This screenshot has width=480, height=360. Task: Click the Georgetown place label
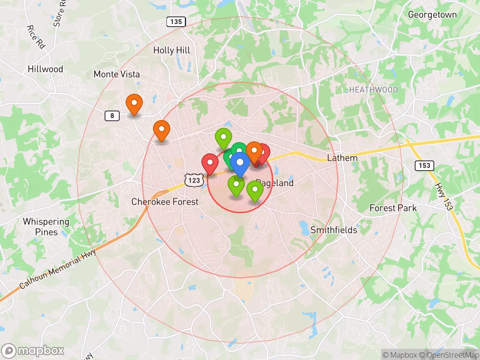(432, 15)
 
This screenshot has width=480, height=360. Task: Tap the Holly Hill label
(172, 50)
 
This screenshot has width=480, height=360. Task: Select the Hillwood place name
(45, 69)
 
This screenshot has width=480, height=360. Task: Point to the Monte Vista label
(117, 74)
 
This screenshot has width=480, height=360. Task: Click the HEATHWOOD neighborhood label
(373, 90)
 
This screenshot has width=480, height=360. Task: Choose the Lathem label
(342, 158)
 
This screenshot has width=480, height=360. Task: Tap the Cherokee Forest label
(165, 202)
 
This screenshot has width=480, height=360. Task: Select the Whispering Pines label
(46, 227)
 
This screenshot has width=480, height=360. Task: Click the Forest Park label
(393, 208)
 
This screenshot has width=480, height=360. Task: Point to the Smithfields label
(334, 230)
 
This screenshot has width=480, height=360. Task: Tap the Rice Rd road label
(36, 37)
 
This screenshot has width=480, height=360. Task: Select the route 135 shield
(176, 22)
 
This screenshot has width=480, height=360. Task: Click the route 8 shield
(112, 115)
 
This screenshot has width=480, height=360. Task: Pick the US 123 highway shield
(194, 180)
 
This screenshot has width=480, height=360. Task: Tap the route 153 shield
(424, 165)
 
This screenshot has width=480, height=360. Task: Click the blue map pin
(240, 163)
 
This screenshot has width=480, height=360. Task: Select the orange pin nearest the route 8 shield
(134, 103)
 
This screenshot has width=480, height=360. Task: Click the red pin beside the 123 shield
(210, 163)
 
